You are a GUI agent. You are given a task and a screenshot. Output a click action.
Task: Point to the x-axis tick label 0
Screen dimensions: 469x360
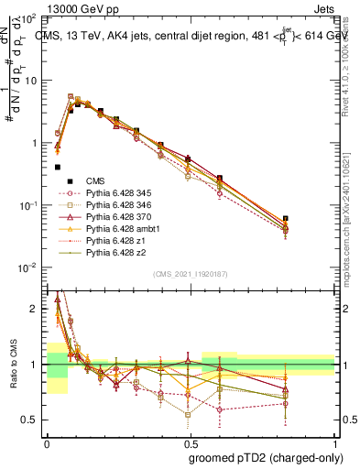pyautogui.click(x=47, y=442)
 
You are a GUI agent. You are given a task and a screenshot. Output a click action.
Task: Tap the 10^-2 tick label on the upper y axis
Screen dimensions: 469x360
pyautogui.click(x=30, y=267)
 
